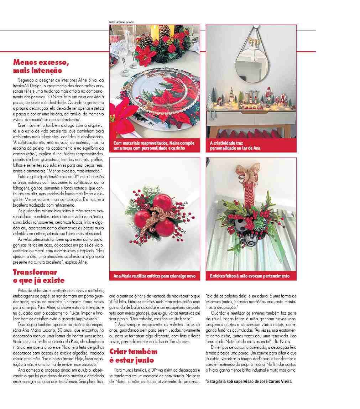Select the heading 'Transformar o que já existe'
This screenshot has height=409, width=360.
click(39, 276)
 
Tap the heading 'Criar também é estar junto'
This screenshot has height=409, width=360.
click(134, 355)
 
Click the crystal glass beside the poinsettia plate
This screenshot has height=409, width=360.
click(127, 50)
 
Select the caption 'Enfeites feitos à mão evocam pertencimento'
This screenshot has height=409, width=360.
click(250, 276)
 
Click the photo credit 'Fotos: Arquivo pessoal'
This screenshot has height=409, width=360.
click(122, 22)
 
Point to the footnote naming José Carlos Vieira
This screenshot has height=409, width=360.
click(249, 382)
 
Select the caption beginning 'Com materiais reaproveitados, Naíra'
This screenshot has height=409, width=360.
click(154, 145)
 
